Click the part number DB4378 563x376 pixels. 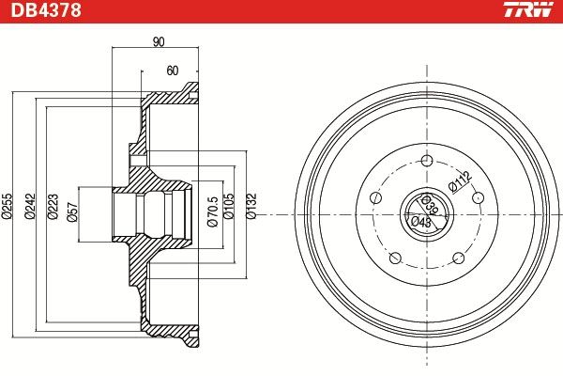(x=46, y=10)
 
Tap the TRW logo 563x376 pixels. (x=528, y=9)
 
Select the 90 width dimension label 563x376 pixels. (x=159, y=41)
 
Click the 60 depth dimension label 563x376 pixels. (x=173, y=70)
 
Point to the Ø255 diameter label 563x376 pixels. (x=7, y=206)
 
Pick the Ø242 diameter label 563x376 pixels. (x=30, y=206)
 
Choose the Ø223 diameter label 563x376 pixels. (x=53, y=206)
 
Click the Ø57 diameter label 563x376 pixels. (x=73, y=212)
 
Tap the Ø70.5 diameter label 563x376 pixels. (x=213, y=211)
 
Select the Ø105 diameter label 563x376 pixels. (x=229, y=206)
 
